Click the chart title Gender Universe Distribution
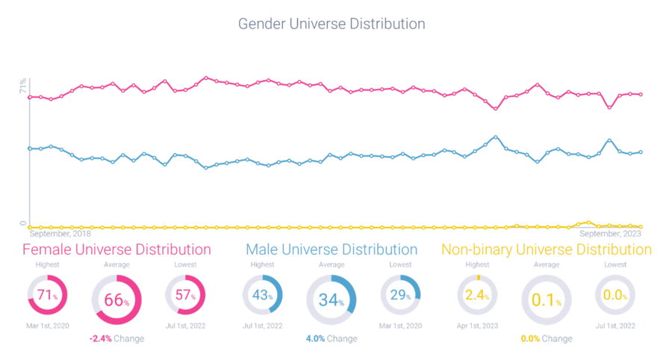click(x=331, y=24)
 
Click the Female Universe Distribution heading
click(x=116, y=249)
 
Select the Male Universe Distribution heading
click(x=332, y=249)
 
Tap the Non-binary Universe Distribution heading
click(x=547, y=249)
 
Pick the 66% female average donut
click(x=116, y=300)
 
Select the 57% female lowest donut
click(x=185, y=296)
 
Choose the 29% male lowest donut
click(x=401, y=296)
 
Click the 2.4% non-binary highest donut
click(x=477, y=296)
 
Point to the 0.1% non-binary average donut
click(x=547, y=300)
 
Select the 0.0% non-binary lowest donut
click(x=615, y=296)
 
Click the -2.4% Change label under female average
click(x=116, y=338)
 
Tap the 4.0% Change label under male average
click(x=332, y=338)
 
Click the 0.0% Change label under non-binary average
click(x=547, y=338)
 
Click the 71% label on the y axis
click(x=23, y=86)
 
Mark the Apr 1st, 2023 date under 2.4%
click(x=477, y=326)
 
